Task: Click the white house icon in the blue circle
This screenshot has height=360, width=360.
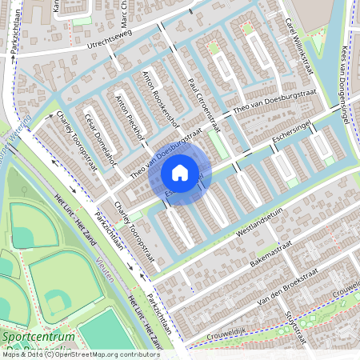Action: point(180,172)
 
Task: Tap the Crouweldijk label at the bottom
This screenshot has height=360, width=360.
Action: point(232,328)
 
